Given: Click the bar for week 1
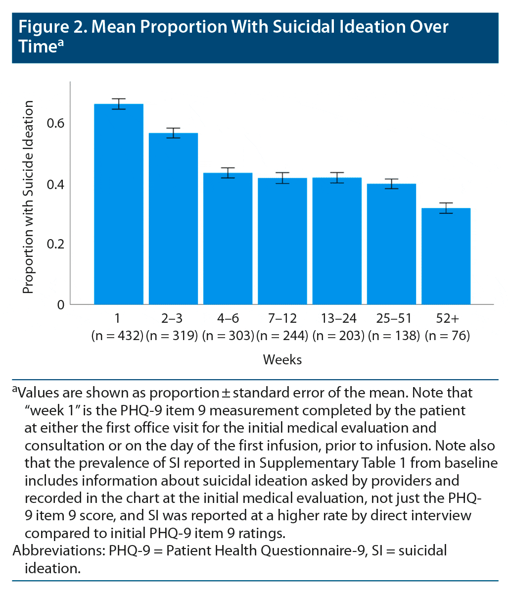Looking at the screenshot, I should (119, 204).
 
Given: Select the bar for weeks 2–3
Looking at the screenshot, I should (174, 218).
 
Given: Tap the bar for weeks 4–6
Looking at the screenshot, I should (228, 239).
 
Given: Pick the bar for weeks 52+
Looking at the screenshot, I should (446, 256).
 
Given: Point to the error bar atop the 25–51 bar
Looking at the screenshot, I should (392, 184).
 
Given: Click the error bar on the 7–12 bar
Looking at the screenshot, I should (282, 178).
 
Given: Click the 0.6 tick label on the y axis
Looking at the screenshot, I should (56, 123).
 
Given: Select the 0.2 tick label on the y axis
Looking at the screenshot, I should (56, 244).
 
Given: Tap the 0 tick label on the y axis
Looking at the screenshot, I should (60, 304).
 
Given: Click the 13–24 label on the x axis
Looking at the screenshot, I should (337, 318).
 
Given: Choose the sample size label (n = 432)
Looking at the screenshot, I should (117, 336).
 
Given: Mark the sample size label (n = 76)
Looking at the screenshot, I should (447, 336).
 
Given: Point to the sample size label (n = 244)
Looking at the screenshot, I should (282, 336).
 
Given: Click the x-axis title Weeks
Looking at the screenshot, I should (282, 359).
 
